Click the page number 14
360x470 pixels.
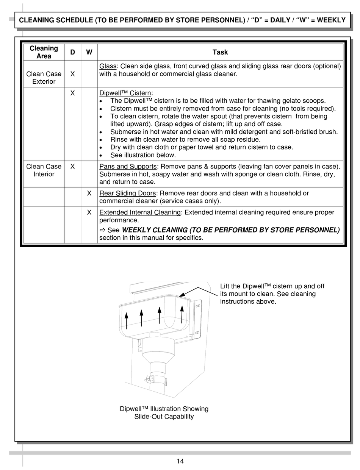(x=180, y=461)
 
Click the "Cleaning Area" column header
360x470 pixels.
(x=44, y=52)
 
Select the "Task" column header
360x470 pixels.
(x=220, y=52)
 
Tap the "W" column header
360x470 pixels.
(x=89, y=52)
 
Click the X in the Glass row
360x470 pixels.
(x=72, y=74)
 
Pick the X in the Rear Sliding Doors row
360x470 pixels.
(x=89, y=193)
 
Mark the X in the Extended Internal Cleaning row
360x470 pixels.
(x=89, y=212)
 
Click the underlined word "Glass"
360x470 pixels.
(x=108, y=66)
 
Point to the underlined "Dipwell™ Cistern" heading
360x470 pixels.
(x=125, y=93)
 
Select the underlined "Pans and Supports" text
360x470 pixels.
(x=128, y=167)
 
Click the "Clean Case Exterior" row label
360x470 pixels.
(x=44, y=78)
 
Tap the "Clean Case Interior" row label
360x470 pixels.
(x=44, y=170)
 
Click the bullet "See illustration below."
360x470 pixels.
(x=143, y=155)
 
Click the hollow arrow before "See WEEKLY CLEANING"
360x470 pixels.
(x=102, y=230)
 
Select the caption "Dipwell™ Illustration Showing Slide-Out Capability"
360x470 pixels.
(x=164, y=413)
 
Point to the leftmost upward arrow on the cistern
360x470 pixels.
(x=127, y=320)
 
